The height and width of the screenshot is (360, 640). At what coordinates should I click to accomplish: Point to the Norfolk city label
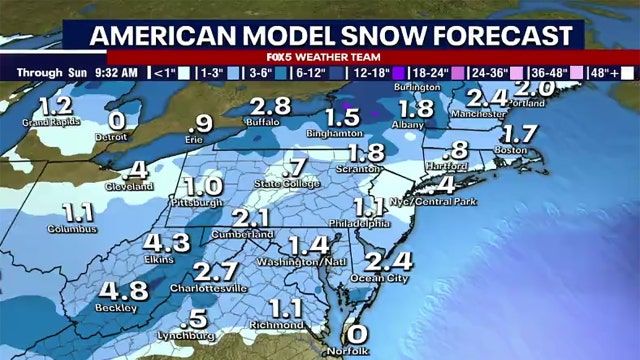tap(352, 351)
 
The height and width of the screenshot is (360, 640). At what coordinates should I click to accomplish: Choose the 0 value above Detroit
tap(117, 120)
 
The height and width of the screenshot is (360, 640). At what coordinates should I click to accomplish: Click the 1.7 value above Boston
tap(521, 133)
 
